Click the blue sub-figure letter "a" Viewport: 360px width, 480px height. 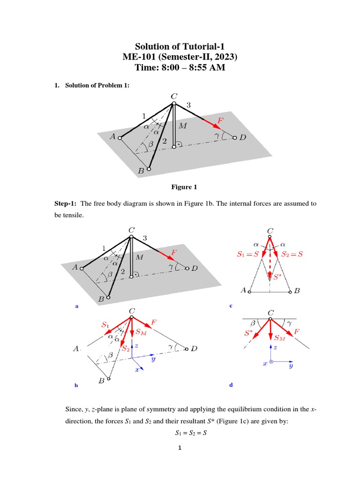pos(76,306)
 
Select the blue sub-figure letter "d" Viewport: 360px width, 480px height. pos(231,385)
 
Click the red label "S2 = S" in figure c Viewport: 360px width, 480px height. pos(290,254)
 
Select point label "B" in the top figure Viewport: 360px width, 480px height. pos(141,172)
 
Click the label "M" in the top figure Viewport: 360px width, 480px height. pos(183,126)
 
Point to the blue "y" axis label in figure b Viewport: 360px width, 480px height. pos(153,360)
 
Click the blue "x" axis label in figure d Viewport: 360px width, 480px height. pos(265,363)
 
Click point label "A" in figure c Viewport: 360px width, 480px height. pos(243,291)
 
